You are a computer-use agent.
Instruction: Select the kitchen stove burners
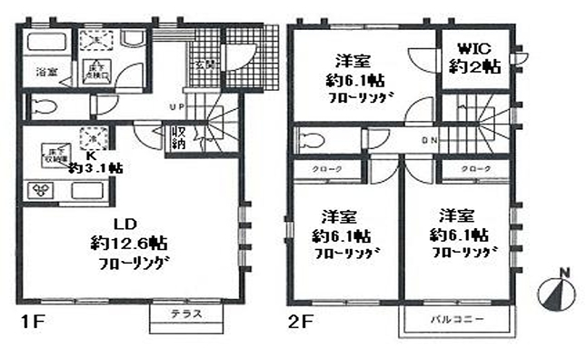43,190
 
